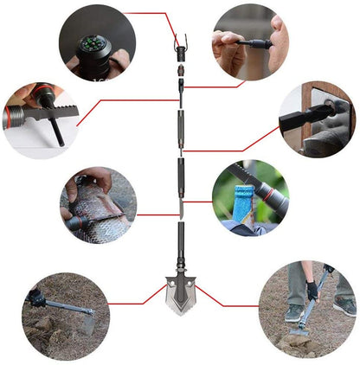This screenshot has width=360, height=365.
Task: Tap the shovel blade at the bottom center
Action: pos(181,290)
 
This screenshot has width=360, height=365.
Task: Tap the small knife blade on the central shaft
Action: pos(181,208)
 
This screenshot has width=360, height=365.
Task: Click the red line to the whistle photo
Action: pos(216,86)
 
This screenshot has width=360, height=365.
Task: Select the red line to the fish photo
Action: pos(156,215)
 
